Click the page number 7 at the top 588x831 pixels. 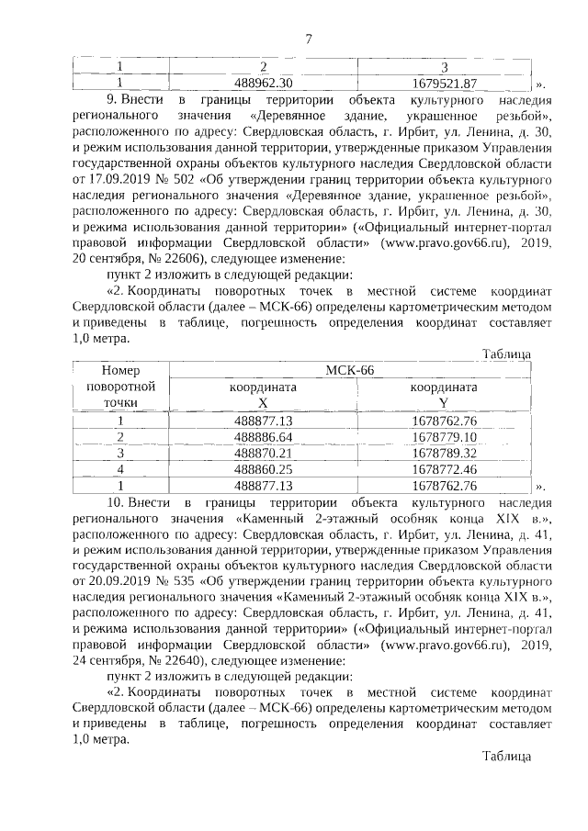click(309, 38)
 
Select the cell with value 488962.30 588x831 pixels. click(264, 82)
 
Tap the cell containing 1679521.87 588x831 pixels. click(445, 82)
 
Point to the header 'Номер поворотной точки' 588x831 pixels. click(120, 386)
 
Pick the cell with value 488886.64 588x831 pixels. click(264, 436)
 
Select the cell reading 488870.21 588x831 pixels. click(264, 453)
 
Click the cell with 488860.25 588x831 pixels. click(264, 469)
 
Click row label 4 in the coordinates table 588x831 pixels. click(120, 469)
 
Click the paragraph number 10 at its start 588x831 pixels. click(116, 503)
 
